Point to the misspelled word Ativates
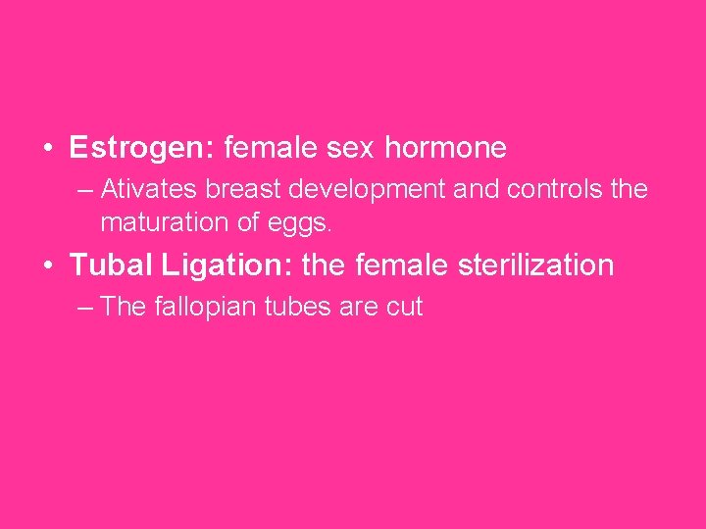[x=139, y=188]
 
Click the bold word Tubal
[x=103, y=265]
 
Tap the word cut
[x=404, y=307]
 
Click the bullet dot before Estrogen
[x=47, y=150]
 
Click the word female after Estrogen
[x=271, y=149]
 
